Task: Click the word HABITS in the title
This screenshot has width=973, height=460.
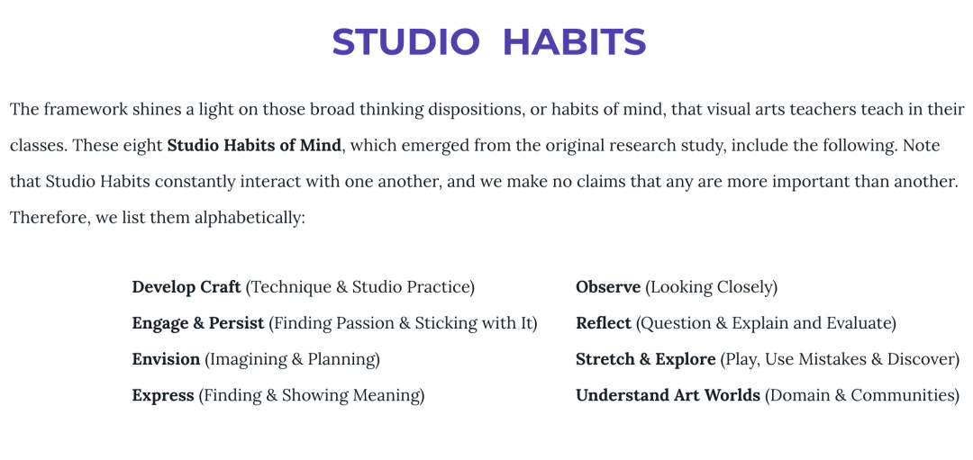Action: coord(574,42)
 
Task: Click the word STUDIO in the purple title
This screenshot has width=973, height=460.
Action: coord(405,42)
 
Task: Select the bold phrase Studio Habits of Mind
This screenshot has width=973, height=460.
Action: coord(254,147)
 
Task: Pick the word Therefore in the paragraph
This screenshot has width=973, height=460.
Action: coord(50,218)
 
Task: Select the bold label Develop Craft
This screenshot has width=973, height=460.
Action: coord(186,288)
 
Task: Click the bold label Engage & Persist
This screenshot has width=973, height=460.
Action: coord(198,323)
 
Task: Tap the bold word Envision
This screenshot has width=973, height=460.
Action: coord(167,359)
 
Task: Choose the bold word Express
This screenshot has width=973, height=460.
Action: coord(163,395)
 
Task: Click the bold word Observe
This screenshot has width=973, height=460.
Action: coord(608,288)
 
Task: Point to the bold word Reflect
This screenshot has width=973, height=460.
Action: coord(603,323)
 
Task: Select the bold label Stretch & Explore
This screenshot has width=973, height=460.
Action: coord(645,359)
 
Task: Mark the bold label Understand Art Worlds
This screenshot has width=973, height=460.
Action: coord(668,395)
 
